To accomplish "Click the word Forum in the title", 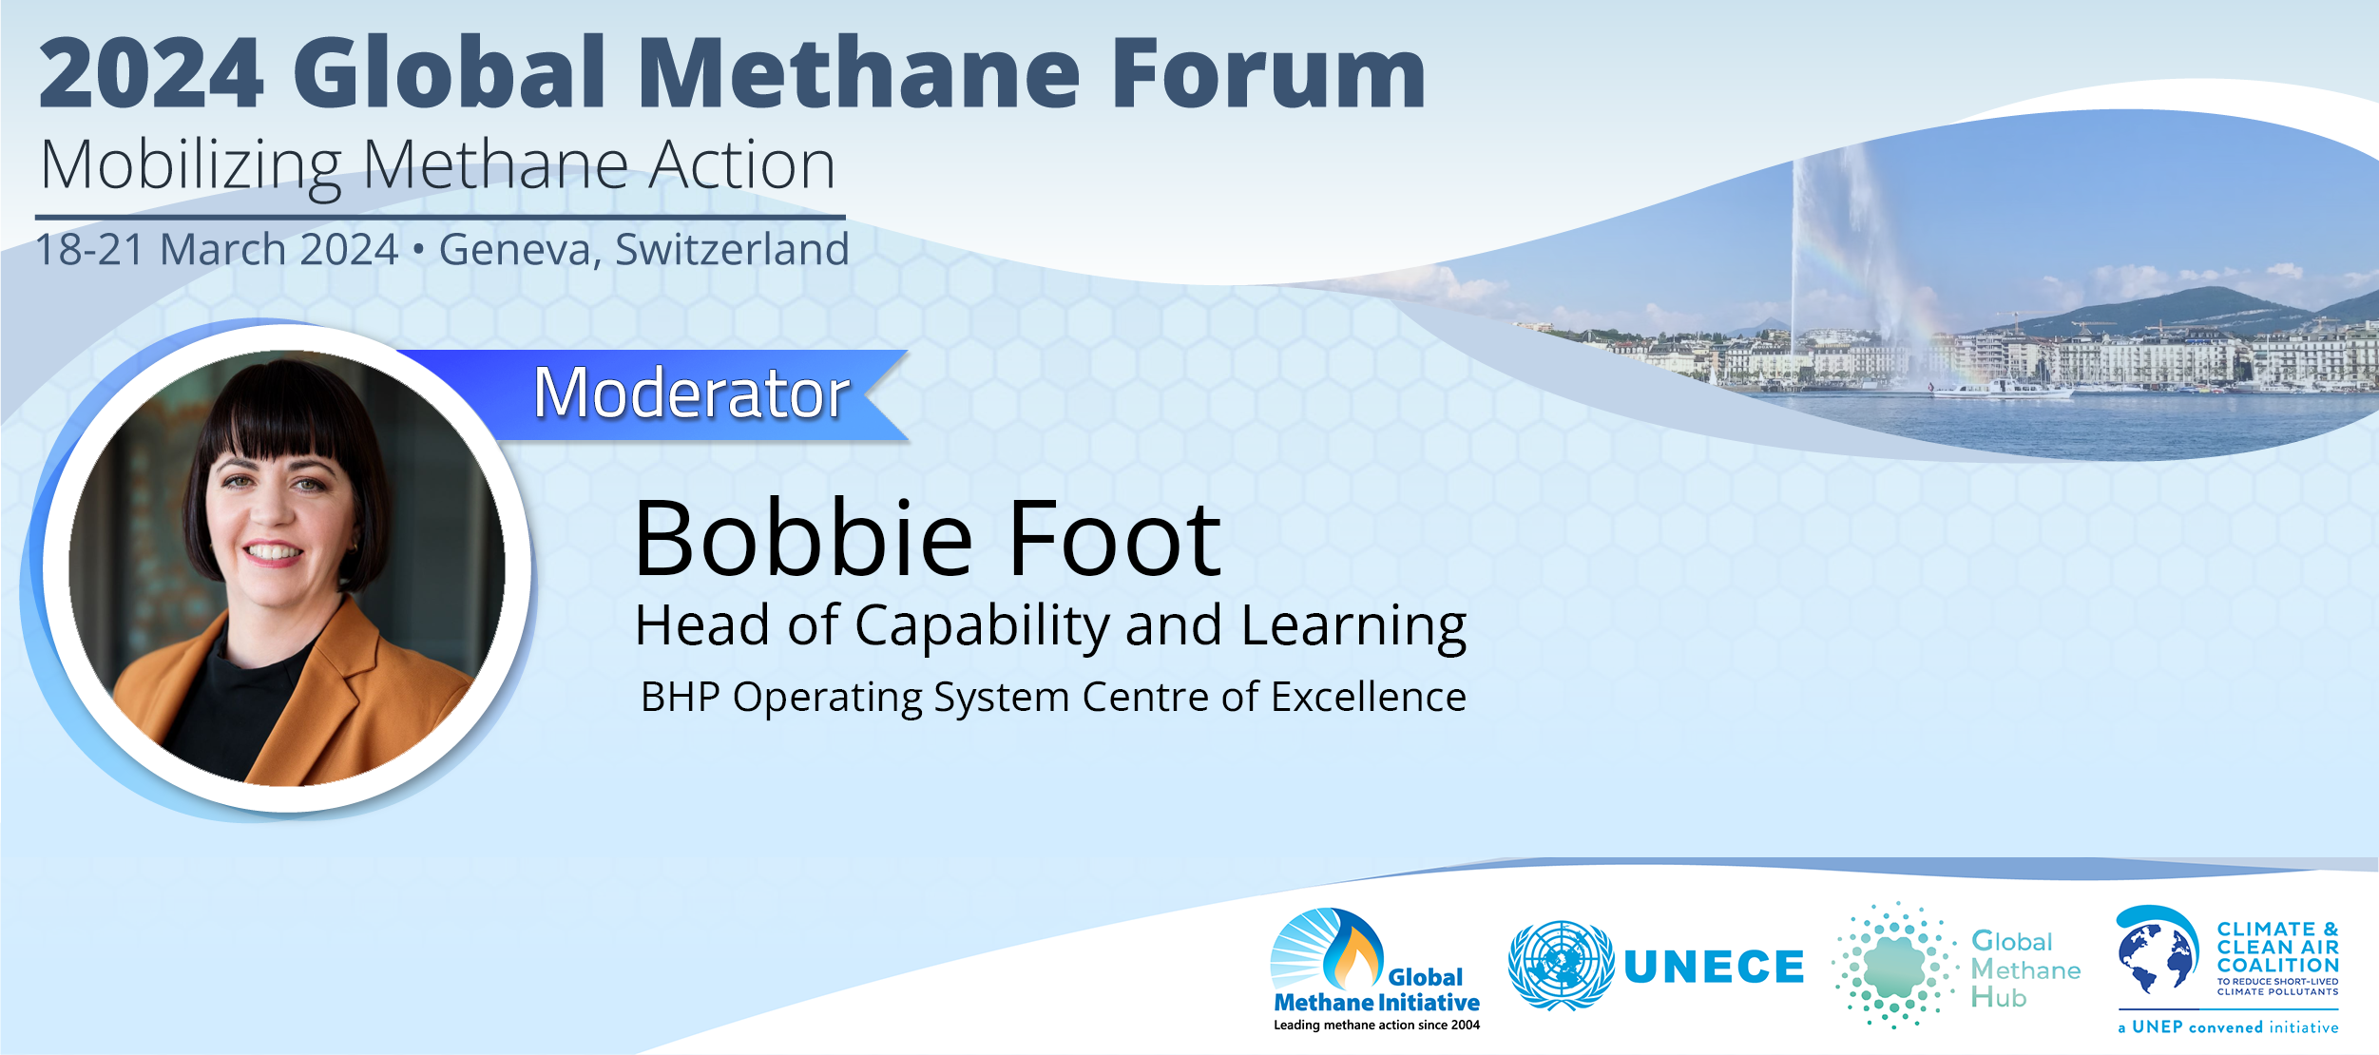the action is pos(1268,73).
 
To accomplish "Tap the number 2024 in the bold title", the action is pos(151,73).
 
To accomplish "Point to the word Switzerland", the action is pos(732,249).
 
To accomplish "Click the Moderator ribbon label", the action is pos(691,393).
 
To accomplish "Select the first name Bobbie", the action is pos(804,539).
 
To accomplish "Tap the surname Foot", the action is pos(1114,539).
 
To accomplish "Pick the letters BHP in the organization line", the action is pos(681,697).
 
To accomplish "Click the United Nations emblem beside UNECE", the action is pos(1561,965).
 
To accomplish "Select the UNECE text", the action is pos(1714,967).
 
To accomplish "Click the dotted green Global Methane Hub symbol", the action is pos(1894,966).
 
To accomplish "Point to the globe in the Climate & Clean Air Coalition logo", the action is pos(2155,955).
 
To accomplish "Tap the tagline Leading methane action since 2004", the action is pos(1376,1025).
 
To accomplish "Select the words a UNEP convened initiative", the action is pos(2228,1027).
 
